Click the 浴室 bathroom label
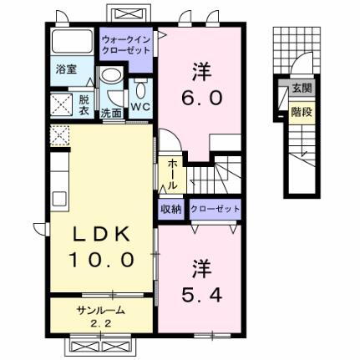[64, 70]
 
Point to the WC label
[139, 109]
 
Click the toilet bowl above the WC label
[139, 89]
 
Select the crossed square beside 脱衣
[61, 104]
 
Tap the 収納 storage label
[170, 209]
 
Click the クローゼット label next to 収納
[214, 209]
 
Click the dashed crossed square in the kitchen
[58, 134]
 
